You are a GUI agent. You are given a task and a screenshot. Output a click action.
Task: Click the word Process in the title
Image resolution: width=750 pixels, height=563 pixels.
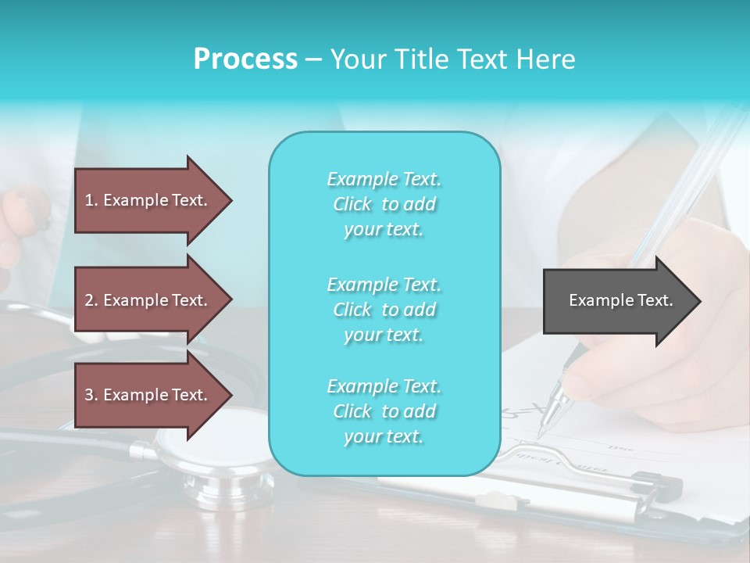pos(245,59)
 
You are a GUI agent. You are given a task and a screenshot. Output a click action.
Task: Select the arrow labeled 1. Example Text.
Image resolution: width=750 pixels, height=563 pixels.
pos(148,200)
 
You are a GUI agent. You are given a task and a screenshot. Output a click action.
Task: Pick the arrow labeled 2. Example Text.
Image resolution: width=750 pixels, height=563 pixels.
pos(148,300)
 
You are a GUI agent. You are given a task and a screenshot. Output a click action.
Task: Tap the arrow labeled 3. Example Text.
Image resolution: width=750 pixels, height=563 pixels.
pos(148,395)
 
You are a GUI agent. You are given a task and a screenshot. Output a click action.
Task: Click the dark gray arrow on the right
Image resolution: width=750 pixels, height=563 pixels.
pos(617,300)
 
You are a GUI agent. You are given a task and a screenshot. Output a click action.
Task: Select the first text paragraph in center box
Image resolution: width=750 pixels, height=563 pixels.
pos(384,204)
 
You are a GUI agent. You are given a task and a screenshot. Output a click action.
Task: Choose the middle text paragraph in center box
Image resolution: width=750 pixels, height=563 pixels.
pos(384,310)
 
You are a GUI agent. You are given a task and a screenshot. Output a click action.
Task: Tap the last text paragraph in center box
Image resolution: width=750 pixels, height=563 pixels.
pos(384,411)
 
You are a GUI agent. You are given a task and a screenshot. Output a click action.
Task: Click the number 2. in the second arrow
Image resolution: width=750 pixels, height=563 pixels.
pos(91,300)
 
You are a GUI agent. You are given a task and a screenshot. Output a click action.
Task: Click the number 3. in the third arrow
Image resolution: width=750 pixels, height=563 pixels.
pos(91,395)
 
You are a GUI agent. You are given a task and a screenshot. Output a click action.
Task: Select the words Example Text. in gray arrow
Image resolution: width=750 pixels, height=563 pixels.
pos(620,300)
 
